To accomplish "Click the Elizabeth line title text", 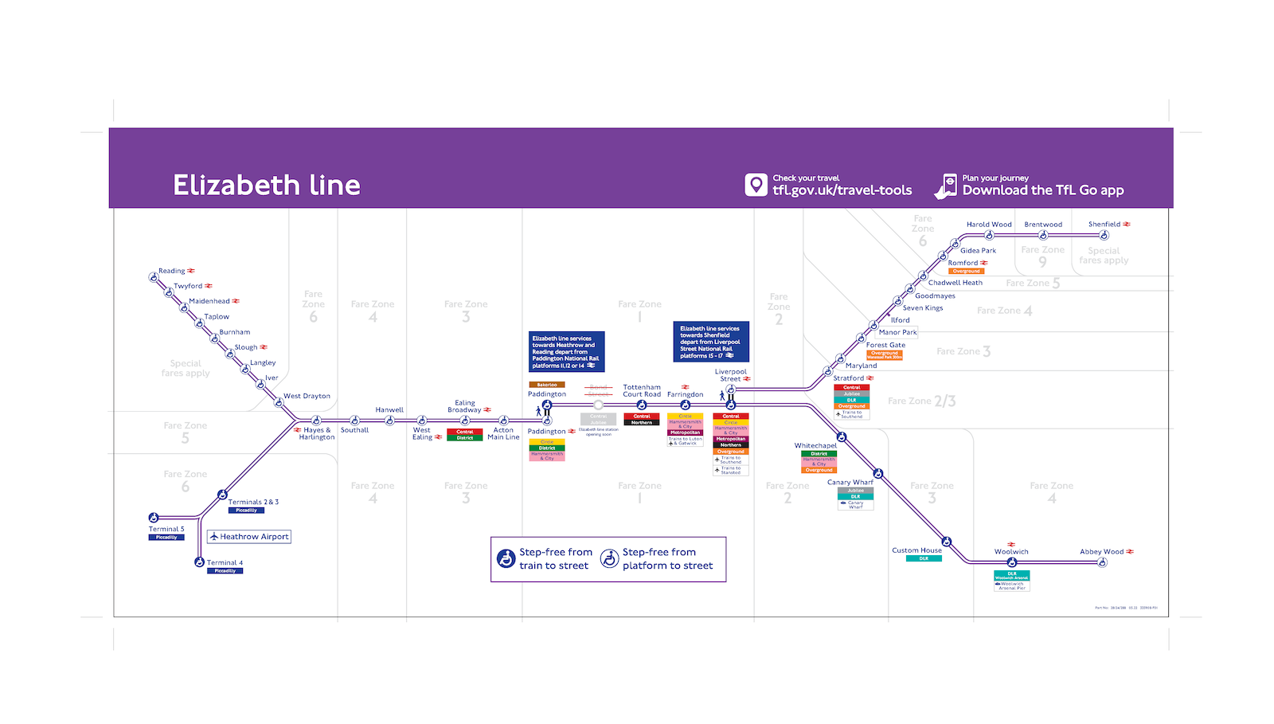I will pos(266,185).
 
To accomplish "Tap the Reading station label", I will pos(171,271).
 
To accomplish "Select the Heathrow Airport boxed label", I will pos(249,537).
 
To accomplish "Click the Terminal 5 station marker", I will pos(154,518).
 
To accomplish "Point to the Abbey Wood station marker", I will pos(1102,562).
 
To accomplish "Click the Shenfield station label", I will pos(1104,225).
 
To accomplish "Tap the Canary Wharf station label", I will pos(850,482).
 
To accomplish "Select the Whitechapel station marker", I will pos(841,437).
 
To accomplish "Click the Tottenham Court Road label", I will pos(642,390).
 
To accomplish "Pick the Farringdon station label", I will pos(685,394).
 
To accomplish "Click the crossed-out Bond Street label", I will pos(598,390).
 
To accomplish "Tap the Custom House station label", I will pos(916,550).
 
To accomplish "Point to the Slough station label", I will pos(246,347).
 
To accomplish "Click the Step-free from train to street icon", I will pos(506,558).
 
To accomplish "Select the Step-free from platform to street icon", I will pos(609,558).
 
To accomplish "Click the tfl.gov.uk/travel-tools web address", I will pos(842,190).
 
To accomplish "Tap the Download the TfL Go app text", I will pos(1043,190).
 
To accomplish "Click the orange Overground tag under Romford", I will pos(966,272).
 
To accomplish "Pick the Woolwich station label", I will pos(1011,551).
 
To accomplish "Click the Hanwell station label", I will pos(389,410).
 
